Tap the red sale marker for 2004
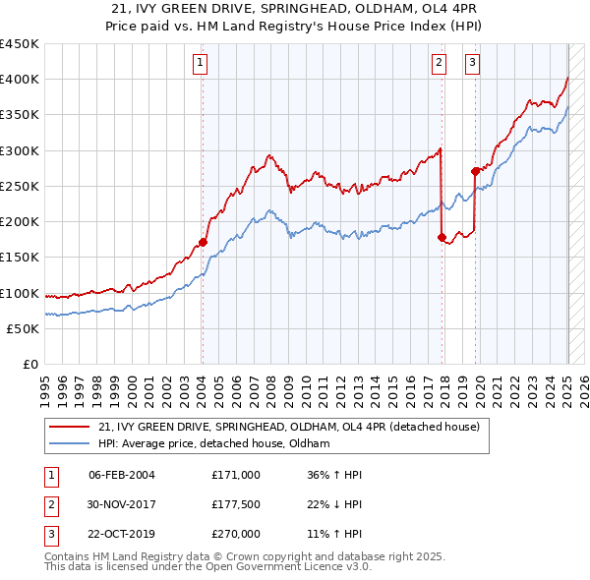pyautogui.click(x=203, y=242)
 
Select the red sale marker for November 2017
pyautogui.click(x=442, y=237)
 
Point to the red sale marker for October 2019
pyautogui.click(x=475, y=171)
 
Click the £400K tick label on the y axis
pyautogui.click(x=20, y=80)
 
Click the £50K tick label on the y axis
pyautogui.click(x=24, y=329)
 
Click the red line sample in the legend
pyautogui.click(x=68, y=427)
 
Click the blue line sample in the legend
pyautogui.click(x=68, y=444)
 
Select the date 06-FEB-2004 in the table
pyautogui.click(x=122, y=475)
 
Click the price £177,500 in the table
pyautogui.click(x=236, y=505)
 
